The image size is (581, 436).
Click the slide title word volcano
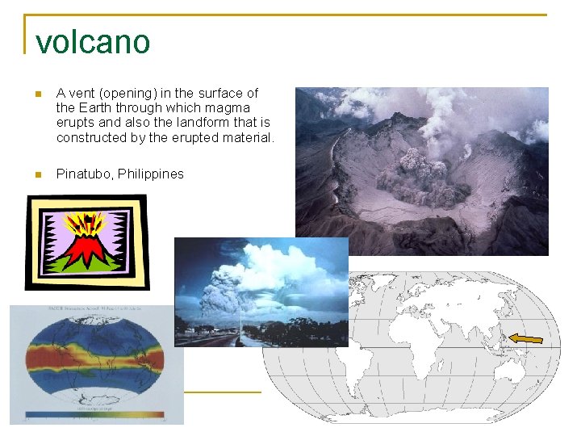click(93, 42)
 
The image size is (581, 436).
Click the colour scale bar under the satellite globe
click(95, 416)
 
